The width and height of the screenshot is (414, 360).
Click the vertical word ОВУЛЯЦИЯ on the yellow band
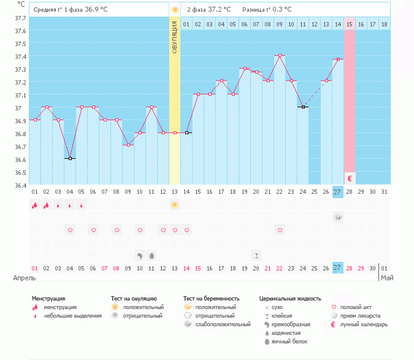(x=174, y=37)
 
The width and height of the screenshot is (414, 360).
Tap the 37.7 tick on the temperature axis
(x=20, y=18)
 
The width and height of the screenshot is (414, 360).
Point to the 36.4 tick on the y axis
(x=20, y=185)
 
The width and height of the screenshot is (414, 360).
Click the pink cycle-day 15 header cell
(x=350, y=24)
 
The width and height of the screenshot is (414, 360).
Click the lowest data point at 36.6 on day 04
(x=70, y=158)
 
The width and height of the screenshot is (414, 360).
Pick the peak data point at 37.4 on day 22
(x=280, y=55)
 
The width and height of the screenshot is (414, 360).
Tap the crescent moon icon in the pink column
(x=350, y=178)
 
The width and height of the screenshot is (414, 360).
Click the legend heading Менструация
(x=48, y=299)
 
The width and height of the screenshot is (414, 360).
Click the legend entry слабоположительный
(x=215, y=324)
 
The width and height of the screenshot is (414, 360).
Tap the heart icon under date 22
(x=280, y=230)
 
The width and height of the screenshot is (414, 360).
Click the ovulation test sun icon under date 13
(x=175, y=205)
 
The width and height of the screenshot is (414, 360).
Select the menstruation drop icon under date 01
(x=34, y=205)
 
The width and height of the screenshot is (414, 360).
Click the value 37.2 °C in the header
(x=220, y=9)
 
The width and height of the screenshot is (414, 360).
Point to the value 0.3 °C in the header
(x=281, y=9)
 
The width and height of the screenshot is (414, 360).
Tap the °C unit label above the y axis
(x=21, y=4)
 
